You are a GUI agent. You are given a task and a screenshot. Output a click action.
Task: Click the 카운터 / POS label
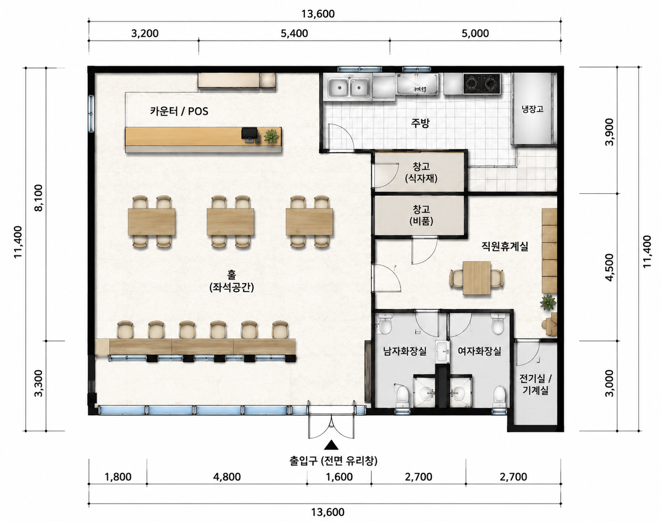coord(179,111)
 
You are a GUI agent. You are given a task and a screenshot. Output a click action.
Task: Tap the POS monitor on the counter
coord(249,134)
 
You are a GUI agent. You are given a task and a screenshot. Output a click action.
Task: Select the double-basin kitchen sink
coord(349,88)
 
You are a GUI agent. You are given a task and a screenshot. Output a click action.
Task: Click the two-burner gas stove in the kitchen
coord(481,83)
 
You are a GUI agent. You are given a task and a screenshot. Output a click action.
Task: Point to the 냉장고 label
coord(533,109)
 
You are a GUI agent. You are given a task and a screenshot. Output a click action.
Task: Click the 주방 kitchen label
coord(420,123)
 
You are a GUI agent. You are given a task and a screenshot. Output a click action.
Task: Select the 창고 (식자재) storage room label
coord(421,172)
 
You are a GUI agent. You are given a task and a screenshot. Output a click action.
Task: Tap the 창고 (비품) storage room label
coord(421,215)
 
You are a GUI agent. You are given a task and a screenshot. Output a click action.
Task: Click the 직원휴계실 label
coord(505,246)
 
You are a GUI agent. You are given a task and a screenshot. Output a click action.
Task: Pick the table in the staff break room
coord(477,278)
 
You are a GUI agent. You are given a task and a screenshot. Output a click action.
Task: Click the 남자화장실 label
coord(405,351)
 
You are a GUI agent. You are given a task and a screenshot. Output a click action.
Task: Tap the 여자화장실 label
coord(480,351)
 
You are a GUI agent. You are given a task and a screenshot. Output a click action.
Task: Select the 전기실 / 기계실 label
coord(535,384)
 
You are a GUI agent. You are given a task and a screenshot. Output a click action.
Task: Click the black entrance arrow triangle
coord(331,445)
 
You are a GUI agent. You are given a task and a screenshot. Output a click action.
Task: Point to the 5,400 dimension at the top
coord(294,33)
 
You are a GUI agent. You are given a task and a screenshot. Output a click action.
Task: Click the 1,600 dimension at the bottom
coord(339,477)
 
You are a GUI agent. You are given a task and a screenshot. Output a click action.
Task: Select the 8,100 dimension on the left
coord(39,198)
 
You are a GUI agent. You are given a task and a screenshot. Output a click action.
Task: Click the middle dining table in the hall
coord(230,222)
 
